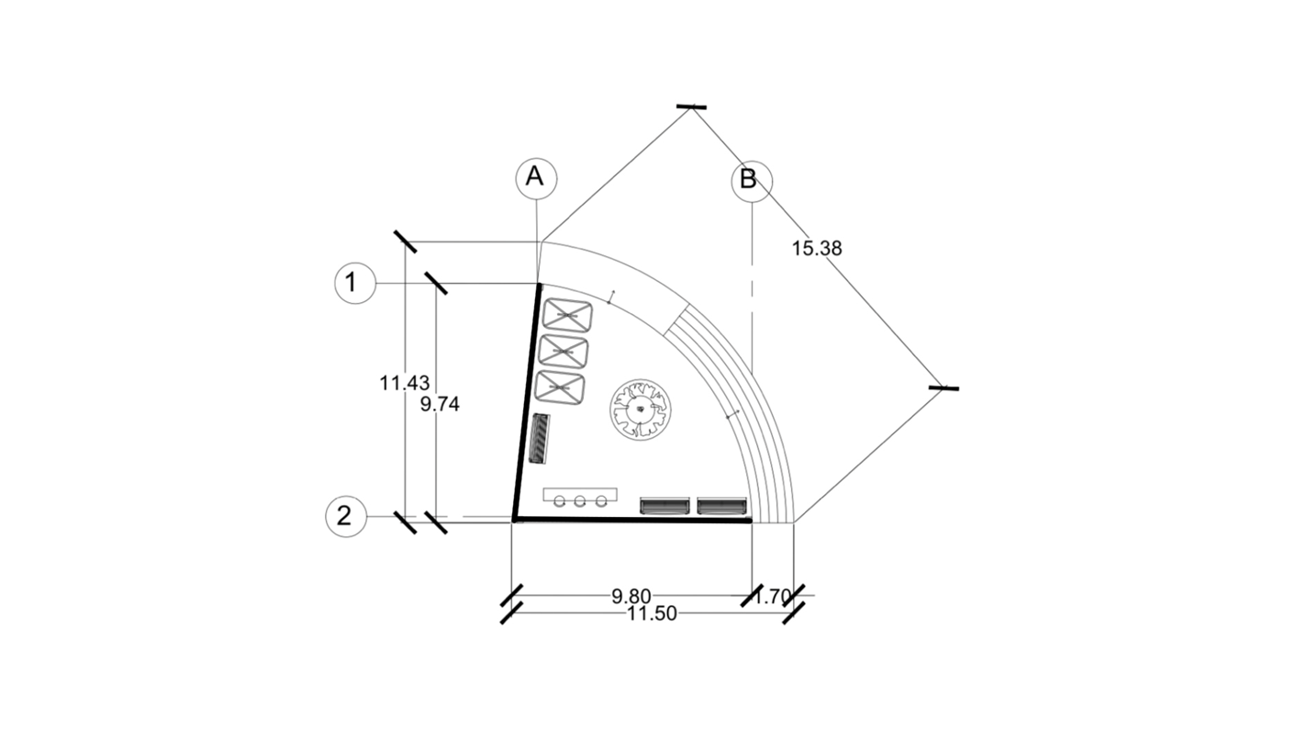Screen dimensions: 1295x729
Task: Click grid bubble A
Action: [x=536, y=177]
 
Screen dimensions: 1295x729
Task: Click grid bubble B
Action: [x=752, y=181]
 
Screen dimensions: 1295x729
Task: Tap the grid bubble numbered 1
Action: [x=355, y=283]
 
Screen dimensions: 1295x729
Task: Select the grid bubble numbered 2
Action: [x=346, y=516]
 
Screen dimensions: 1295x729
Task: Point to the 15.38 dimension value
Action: [x=816, y=248]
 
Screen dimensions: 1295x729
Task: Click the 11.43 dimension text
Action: [x=404, y=383]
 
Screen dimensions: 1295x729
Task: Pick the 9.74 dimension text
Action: [x=440, y=404]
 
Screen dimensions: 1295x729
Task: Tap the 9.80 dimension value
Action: [x=631, y=596]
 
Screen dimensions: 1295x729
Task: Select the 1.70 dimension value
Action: [x=773, y=596]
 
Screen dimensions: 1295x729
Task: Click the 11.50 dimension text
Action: [x=653, y=613]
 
